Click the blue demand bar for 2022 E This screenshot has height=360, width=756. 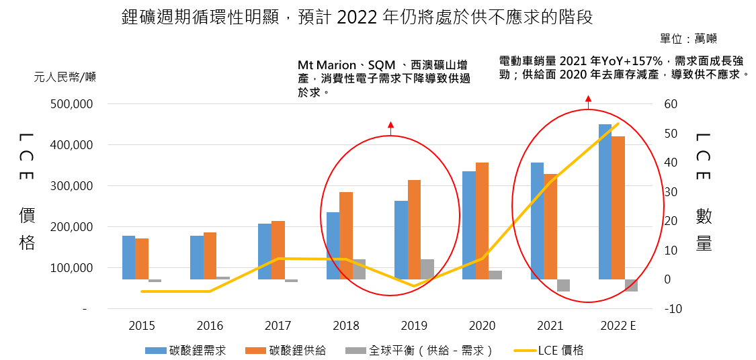605,201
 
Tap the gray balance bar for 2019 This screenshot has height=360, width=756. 427,269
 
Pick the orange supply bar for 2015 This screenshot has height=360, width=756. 142,259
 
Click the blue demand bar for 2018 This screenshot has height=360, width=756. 333,245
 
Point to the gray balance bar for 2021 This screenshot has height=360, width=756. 563,285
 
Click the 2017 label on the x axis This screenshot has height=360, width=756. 278,326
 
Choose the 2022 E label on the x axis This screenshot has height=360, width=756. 618,326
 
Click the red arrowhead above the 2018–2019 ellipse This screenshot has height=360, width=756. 390,124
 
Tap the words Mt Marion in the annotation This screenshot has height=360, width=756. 327,65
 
